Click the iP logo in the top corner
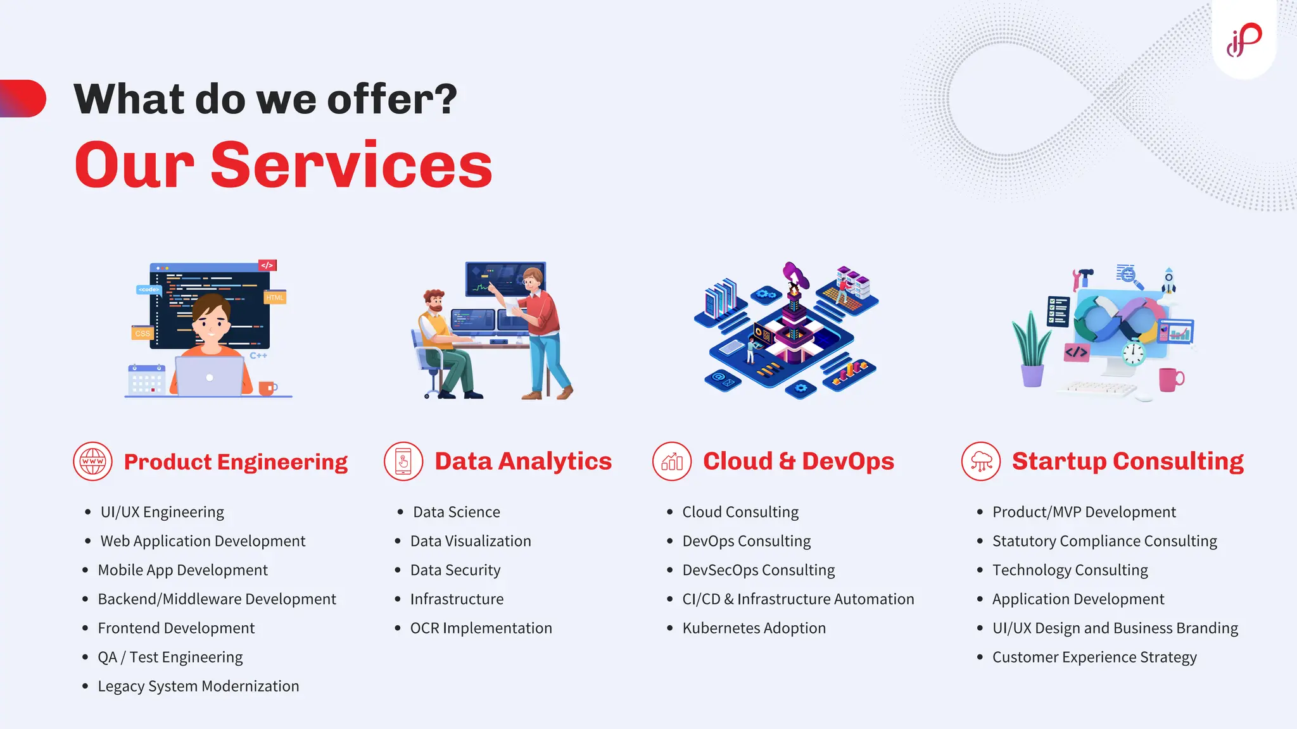(x=1244, y=39)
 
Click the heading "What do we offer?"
(x=265, y=99)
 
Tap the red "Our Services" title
(x=283, y=165)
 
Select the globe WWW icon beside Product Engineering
(x=92, y=461)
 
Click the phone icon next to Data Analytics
(x=403, y=461)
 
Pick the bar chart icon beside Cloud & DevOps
(x=672, y=461)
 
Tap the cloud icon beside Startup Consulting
(x=981, y=461)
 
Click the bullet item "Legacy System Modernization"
(x=198, y=686)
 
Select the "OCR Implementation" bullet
(x=481, y=628)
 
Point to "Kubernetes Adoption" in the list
(x=754, y=628)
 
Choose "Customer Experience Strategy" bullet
(x=1094, y=657)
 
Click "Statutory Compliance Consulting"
(x=1104, y=541)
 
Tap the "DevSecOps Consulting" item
(x=758, y=570)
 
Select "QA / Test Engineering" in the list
(x=170, y=657)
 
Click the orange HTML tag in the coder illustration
(x=275, y=297)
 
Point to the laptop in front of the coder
(x=209, y=377)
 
